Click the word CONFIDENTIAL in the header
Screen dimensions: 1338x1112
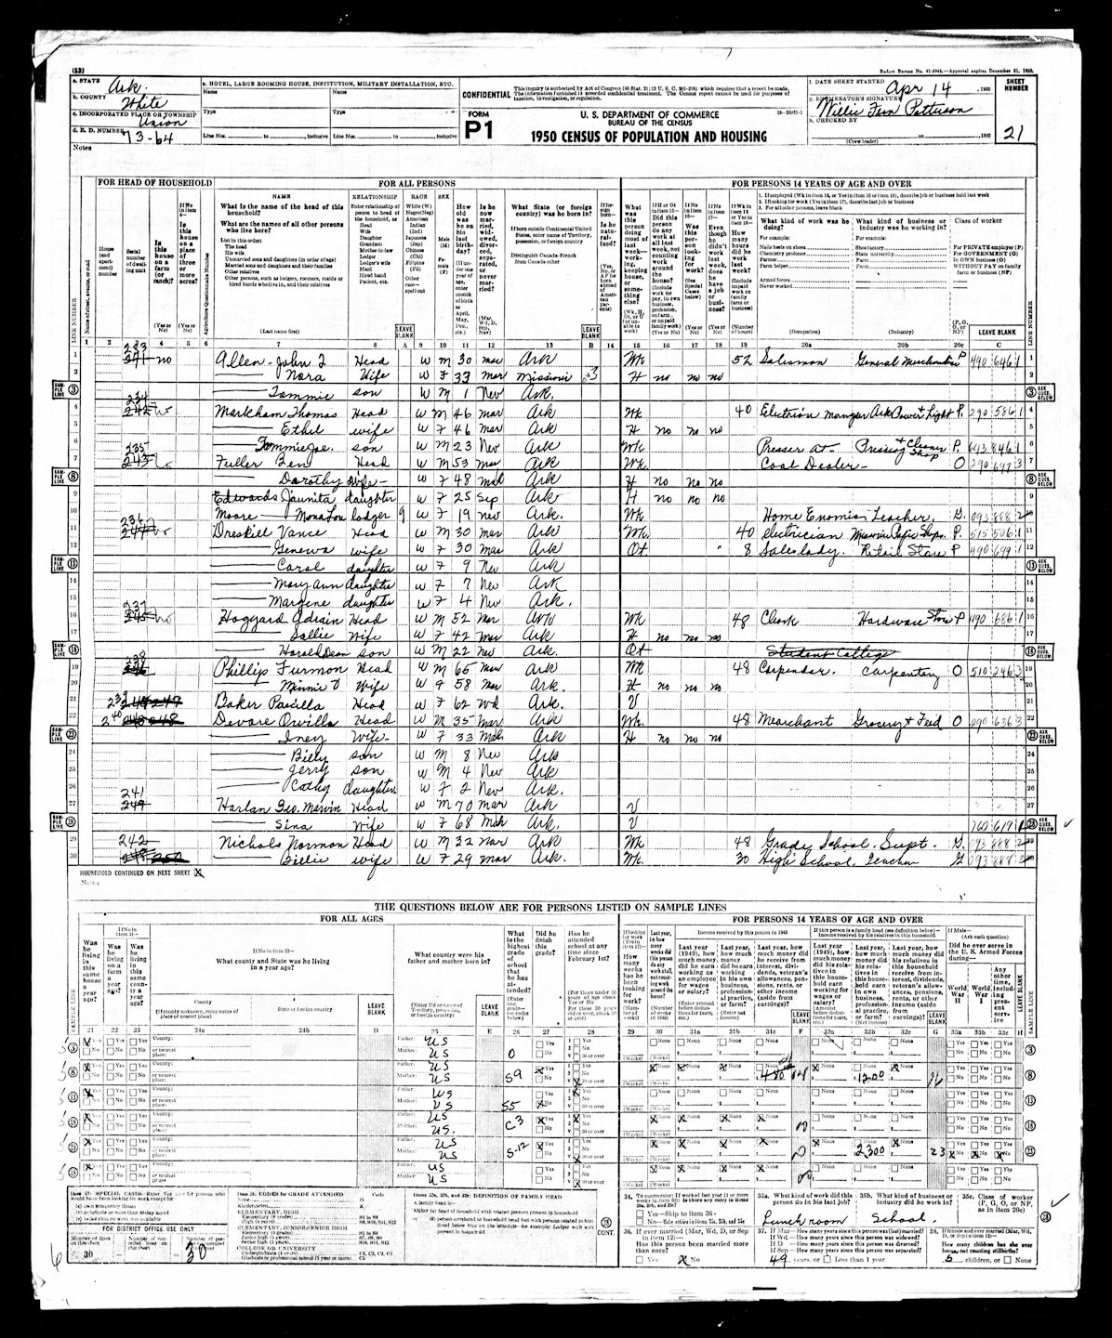(x=485, y=95)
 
